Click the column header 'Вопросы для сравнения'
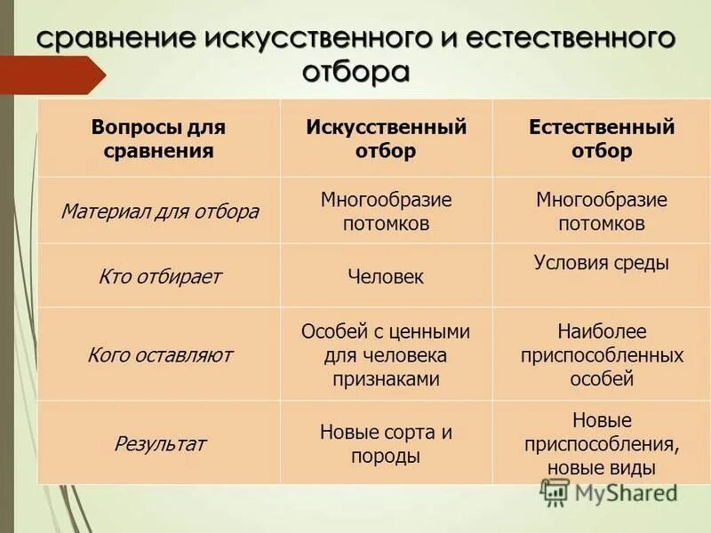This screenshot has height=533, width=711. click(x=158, y=139)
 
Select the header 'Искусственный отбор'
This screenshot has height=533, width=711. click(x=386, y=139)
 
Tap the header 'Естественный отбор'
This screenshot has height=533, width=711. click(x=602, y=139)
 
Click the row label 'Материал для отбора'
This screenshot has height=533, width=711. click(x=160, y=211)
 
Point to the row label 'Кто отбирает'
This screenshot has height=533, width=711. click(x=160, y=276)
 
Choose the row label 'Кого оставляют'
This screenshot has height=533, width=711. click(x=160, y=355)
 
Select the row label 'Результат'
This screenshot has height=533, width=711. click(x=160, y=443)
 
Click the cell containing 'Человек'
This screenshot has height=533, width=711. click(x=386, y=277)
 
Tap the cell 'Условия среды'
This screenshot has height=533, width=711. click(x=602, y=262)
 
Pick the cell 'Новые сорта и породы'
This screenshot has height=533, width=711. click(x=386, y=444)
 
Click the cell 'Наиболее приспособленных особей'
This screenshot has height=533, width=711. click(x=602, y=355)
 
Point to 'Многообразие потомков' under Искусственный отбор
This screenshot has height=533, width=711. click(x=386, y=211)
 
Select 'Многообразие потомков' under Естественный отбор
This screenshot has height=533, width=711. click(x=602, y=211)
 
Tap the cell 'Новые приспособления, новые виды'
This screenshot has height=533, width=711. click(x=602, y=443)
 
